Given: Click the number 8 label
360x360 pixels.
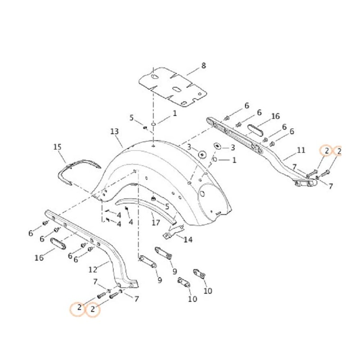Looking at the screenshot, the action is pyautogui.click(x=203, y=66).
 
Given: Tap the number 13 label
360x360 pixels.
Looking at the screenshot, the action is pyautogui.click(x=114, y=131).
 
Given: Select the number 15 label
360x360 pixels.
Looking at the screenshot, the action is pyautogui.click(x=57, y=147).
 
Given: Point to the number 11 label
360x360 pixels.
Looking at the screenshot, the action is pyautogui.click(x=301, y=150).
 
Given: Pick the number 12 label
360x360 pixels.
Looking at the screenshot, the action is pyautogui.click(x=93, y=270).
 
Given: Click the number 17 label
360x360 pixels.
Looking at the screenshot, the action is pyautogui.click(x=156, y=222).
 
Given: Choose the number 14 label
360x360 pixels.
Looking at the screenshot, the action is pyautogui.click(x=188, y=239).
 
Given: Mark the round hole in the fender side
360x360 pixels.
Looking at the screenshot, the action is pyautogui.click(x=202, y=193).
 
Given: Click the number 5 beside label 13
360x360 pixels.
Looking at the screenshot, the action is pyautogui.click(x=132, y=118).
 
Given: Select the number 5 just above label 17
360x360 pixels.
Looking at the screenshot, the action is pyautogui.click(x=167, y=207).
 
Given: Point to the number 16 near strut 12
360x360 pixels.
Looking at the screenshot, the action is pyautogui.click(x=39, y=257).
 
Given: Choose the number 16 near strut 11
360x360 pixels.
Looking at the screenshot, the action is pyautogui.click(x=275, y=117).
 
